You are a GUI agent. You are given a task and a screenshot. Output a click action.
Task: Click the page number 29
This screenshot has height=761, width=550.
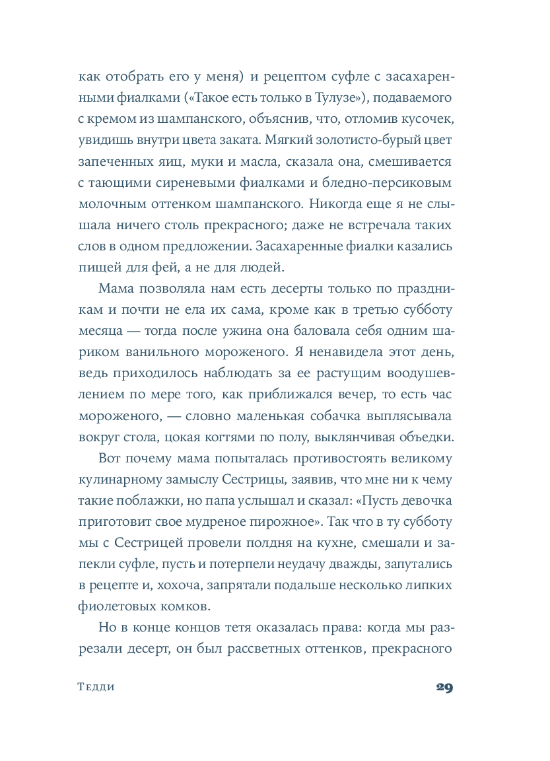coord(444,687)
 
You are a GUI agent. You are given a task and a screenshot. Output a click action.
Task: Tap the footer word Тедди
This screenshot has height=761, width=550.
coord(96,687)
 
